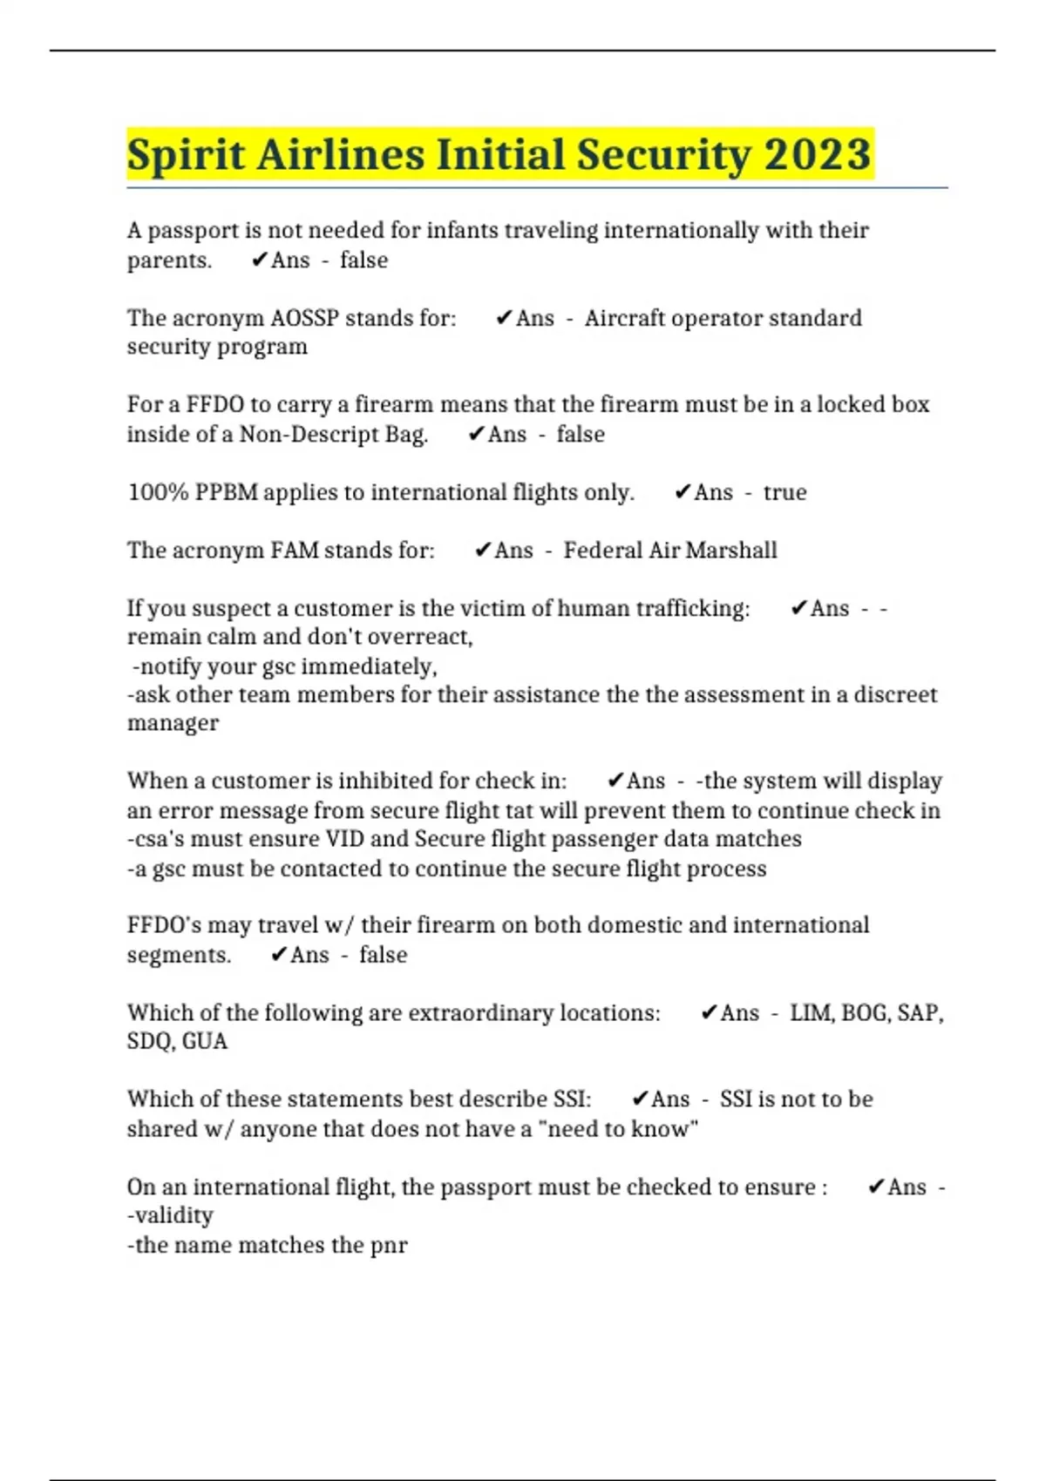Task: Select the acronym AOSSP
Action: coord(304,318)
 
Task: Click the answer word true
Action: coord(784,492)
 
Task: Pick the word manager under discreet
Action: coord(173,723)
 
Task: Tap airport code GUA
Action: coord(205,1042)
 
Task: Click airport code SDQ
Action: coord(150,1042)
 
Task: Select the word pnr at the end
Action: coord(389,1245)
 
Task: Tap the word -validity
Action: coord(170,1215)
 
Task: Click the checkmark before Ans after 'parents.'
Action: coord(259,260)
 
